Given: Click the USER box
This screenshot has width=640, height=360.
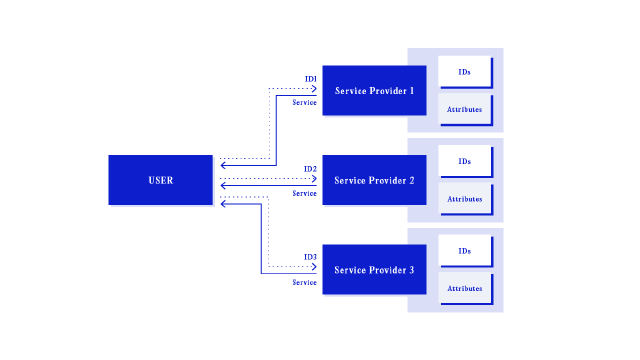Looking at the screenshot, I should coord(160,180).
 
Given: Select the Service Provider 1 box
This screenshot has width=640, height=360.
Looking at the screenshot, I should coord(374,91).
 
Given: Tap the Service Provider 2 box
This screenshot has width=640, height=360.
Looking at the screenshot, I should coord(374,180).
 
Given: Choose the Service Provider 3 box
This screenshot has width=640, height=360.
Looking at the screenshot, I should coord(374,270).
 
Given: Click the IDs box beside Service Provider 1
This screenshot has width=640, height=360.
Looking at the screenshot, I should coord(464,72).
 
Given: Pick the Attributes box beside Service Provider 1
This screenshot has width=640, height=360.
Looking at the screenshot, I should coord(464,109).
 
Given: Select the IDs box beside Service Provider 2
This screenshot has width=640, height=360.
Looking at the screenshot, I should coord(464,161).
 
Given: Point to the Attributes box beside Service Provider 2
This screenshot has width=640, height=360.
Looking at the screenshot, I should coord(464,198).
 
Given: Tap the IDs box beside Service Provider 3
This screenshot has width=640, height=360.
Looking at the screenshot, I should coord(464,250).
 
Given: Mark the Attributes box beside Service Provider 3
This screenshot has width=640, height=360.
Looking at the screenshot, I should coord(464,288).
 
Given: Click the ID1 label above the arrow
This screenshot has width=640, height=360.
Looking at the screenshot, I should coord(311,79).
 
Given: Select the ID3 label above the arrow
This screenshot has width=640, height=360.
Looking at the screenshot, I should coord(311,257).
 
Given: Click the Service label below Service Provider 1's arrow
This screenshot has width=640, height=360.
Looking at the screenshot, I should coord(305,102).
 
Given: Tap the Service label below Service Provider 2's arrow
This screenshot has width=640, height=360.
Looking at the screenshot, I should coord(305,193).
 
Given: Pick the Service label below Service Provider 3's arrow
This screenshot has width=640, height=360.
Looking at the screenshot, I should coord(305,282).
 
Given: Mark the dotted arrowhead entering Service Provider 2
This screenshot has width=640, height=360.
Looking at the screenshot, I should coord(315,179).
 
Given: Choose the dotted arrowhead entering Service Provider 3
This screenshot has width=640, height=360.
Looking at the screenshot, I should coord(315,266).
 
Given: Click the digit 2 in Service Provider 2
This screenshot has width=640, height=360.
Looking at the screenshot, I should coord(410,180).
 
